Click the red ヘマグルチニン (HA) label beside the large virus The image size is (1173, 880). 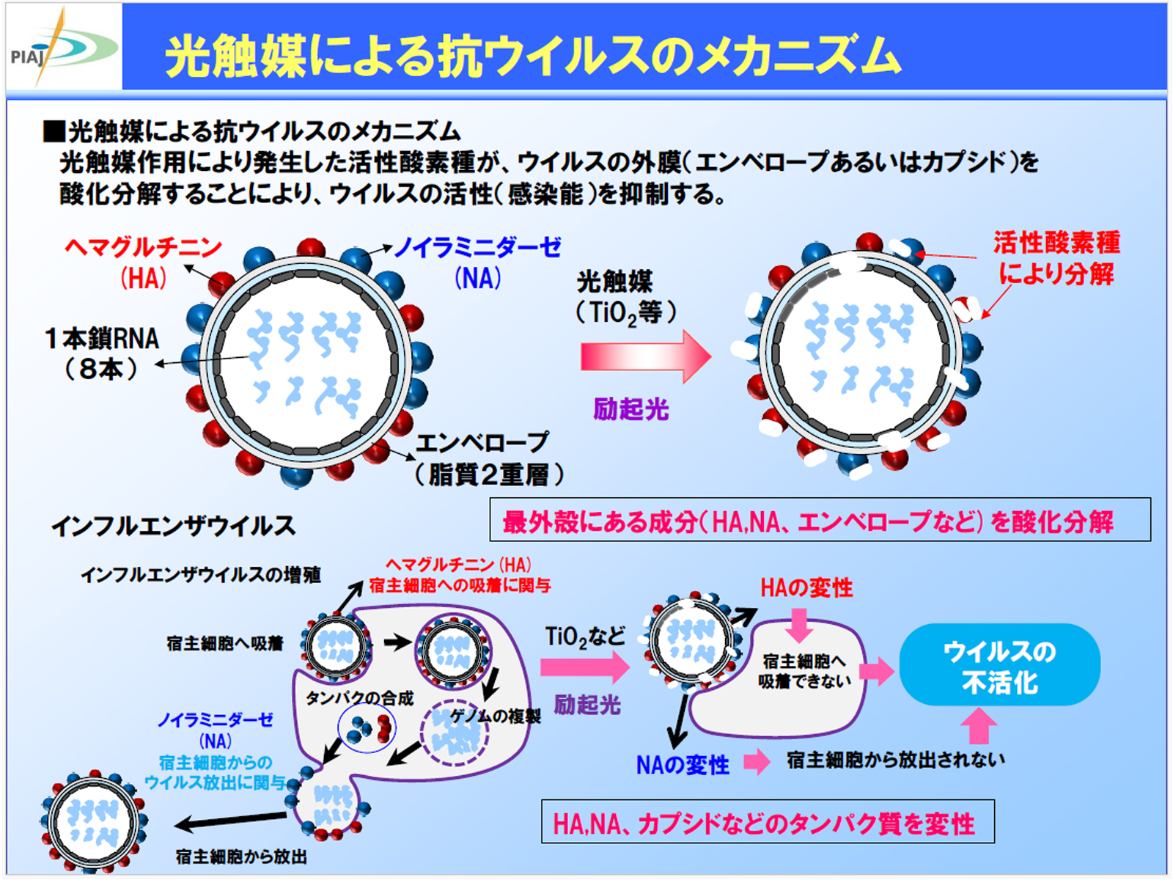pyautogui.click(x=143, y=263)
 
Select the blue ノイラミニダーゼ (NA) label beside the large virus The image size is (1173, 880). pyautogui.click(x=477, y=263)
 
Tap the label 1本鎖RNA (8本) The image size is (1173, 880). pyautogui.click(x=102, y=353)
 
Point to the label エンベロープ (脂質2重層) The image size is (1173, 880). pyautogui.click(x=490, y=459)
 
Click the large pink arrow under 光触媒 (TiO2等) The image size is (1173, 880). pyautogui.click(x=646, y=356)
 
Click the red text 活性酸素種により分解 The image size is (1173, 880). pyautogui.click(x=1056, y=258)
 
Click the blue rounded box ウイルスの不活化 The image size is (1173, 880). pyautogui.click(x=1000, y=664)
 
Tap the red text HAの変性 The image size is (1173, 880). pyautogui.click(x=806, y=588)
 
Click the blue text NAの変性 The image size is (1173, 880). pyautogui.click(x=683, y=765)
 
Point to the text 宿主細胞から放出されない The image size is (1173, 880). pyautogui.click(x=896, y=760)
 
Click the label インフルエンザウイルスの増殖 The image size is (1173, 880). pyautogui.click(x=201, y=575)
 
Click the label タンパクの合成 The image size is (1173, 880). pyautogui.click(x=359, y=698)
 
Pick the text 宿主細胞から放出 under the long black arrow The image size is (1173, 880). pyautogui.click(x=241, y=857)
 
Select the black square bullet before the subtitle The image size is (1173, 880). pyautogui.click(x=54, y=131)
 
